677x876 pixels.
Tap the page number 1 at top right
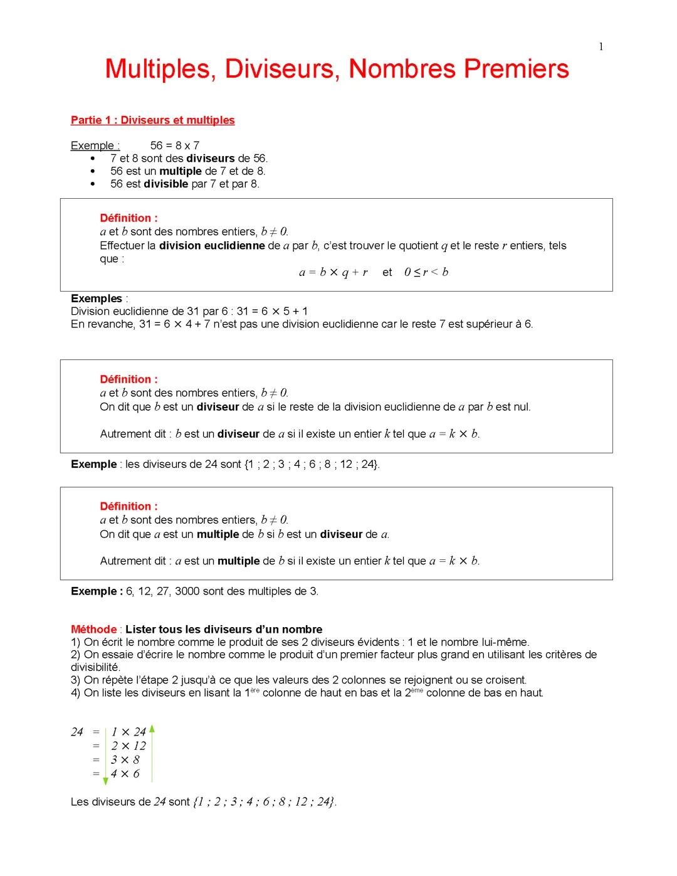coord(601,46)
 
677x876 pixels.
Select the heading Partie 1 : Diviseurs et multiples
coord(152,120)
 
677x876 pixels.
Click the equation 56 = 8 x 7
coord(175,145)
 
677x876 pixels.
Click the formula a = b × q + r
coord(333,272)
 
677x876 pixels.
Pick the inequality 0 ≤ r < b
coord(426,272)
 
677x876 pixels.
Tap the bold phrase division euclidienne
coord(212,246)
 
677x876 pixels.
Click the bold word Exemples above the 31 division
coord(97,298)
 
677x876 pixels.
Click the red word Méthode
coord(94,629)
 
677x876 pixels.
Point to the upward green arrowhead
coord(152,729)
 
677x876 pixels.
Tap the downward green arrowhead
coord(105,781)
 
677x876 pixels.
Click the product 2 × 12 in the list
coord(129,746)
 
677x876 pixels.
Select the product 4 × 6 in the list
coord(125,774)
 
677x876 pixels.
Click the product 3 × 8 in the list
coord(125,759)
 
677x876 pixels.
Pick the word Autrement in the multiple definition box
coord(124,561)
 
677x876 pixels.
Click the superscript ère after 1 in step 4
coord(255,690)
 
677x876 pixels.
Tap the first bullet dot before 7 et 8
coord(93,159)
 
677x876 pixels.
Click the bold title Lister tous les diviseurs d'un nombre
coord(224,629)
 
